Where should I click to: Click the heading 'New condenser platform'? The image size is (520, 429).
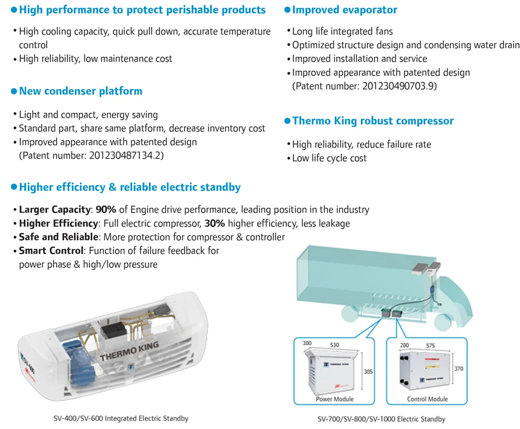(x=80, y=91)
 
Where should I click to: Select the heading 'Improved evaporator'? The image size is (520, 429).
(x=344, y=10)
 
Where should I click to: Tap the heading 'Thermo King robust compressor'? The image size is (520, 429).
(x=373, y=121)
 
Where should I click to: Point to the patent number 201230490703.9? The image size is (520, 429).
(x=399, y=86)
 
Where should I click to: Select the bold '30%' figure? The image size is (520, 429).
(x=215, y=223)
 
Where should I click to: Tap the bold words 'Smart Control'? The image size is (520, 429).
(x=51, y=251)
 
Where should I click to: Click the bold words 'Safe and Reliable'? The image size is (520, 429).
(x=58, y=237)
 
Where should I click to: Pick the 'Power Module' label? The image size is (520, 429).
(x=334, y=399)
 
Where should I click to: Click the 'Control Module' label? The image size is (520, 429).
(x=427, y=399)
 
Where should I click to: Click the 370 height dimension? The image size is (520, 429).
(x=460, y=369)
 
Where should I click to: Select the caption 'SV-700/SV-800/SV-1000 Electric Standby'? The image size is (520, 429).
(x=381, y=419)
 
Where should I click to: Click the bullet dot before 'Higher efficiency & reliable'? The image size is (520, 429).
(x=14, y=187)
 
